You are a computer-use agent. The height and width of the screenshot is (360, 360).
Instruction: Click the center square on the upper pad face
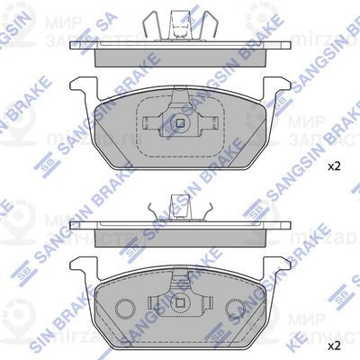(x=181, y=121)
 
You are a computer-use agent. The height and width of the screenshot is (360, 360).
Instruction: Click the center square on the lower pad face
(x=181, y=301)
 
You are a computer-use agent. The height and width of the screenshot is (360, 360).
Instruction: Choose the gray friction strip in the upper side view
(x=181, y=54)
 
